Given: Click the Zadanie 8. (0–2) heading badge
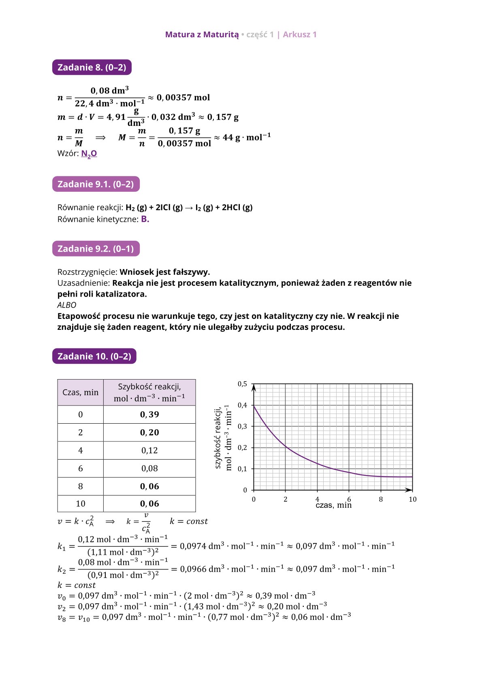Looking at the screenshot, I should (92, 67).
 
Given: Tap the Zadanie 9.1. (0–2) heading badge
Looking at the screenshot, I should (96, 184).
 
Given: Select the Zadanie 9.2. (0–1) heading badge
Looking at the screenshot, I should (96, 248).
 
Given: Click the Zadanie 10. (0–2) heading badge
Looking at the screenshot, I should (94, 356).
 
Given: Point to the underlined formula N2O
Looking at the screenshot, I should (89, 153).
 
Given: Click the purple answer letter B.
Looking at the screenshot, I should (145, 219).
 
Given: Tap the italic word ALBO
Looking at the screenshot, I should (66, 305).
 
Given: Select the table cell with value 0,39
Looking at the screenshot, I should (149, 414).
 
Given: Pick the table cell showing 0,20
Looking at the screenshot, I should (149, 432).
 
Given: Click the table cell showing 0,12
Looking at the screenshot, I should (149, 450).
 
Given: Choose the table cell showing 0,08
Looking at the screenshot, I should (149, 468).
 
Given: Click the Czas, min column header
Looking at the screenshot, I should (80, 392).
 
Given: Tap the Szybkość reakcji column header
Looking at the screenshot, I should (149, 392).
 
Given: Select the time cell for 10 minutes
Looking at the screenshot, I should (80, 504).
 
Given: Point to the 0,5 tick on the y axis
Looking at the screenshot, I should (242, 384).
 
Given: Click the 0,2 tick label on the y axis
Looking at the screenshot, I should (242, 448).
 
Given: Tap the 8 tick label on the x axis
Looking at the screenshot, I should (381, 499).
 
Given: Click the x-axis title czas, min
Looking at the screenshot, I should (333, 505).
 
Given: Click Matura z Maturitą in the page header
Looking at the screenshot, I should (202, 34).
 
